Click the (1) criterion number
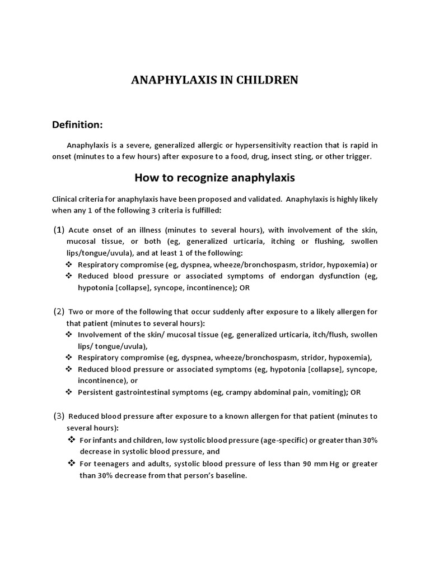click(x=59, y=230)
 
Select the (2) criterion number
click(x=59, y=312)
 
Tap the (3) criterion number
click(x=59, y=416)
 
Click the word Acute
click(x=79, y=230)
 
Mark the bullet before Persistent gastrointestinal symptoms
click(x=69, y=392)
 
